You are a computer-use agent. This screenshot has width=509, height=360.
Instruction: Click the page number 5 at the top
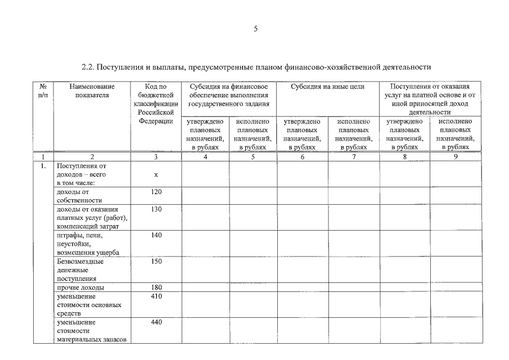point(255,29)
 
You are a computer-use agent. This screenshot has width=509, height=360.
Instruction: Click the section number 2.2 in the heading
point(87,67)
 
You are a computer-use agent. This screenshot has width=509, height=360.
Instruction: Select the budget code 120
point(156,192)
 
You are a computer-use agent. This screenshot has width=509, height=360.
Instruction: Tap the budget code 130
point(156,209)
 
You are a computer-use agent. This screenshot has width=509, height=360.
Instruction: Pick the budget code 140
point(156,235)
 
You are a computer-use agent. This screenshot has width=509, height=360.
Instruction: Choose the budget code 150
point(156,261)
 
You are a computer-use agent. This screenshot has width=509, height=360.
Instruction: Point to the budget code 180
point(156,287)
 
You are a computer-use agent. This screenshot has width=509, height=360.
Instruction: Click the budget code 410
point(156,296)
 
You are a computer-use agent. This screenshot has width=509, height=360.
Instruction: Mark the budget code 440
point(156,322)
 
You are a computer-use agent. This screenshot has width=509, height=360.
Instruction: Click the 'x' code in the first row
point(156,175)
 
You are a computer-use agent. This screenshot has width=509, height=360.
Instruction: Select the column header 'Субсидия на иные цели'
point(328,87)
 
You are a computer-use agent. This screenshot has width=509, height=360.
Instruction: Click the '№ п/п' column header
point(43,91)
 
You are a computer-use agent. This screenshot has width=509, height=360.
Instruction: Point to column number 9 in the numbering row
point(456,157)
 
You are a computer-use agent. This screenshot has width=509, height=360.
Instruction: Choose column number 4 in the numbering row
point(205,157)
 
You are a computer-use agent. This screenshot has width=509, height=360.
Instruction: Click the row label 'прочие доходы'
point(80,287)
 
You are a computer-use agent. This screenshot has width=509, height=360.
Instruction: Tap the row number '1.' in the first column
point(43,166)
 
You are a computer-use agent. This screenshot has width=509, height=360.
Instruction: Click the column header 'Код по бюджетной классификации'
point(156,103)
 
